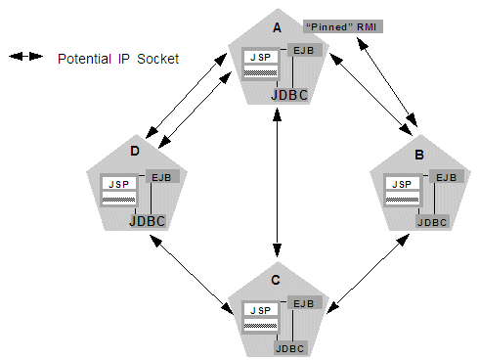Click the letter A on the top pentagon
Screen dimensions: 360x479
(x=276, y=26)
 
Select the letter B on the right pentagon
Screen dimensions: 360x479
(x=418, y=154)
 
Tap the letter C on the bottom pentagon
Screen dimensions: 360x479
(x=276, y=281)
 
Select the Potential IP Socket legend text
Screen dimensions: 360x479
(x=118, y=59)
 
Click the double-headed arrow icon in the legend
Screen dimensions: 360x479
(x=26, y=58)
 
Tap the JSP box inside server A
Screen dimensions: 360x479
(x=259, y=58)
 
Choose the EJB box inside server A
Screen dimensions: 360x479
(x=304, y=50)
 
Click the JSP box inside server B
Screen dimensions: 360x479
(x=400, y=184)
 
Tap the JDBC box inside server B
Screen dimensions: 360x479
(x=432, y=221)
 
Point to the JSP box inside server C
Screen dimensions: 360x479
(x=259, y=310)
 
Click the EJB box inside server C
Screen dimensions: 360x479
(x=304, y=303)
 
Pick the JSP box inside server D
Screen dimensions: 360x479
(x=117, y=184)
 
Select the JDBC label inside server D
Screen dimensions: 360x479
(x=148, y=221)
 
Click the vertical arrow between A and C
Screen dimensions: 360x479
(x=280, y=186)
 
